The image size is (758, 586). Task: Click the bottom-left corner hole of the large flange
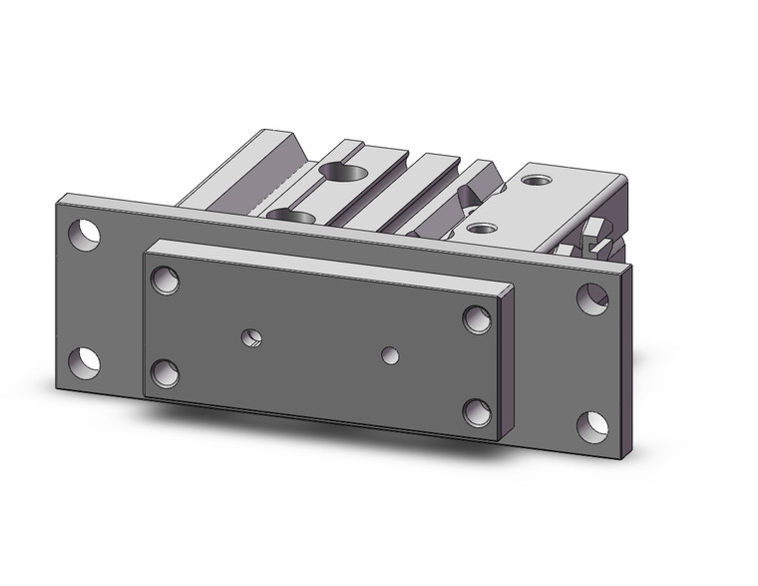[x=85, y=361]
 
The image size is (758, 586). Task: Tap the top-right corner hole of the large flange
[x=592, y=297]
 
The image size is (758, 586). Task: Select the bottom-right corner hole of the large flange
[x=592, y=425]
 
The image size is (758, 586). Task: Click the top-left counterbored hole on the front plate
[x=165, y=280]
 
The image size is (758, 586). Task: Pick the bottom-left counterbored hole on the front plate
[x=165, y=373]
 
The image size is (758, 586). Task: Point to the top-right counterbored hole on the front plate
[x=478, y=319]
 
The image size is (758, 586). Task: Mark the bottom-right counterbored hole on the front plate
[x=478, y=412]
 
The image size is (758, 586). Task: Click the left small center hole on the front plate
[x=252, y=337]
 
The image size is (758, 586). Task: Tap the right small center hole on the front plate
[x=392, y=353]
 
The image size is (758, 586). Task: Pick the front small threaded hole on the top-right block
[x=482, y=229]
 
